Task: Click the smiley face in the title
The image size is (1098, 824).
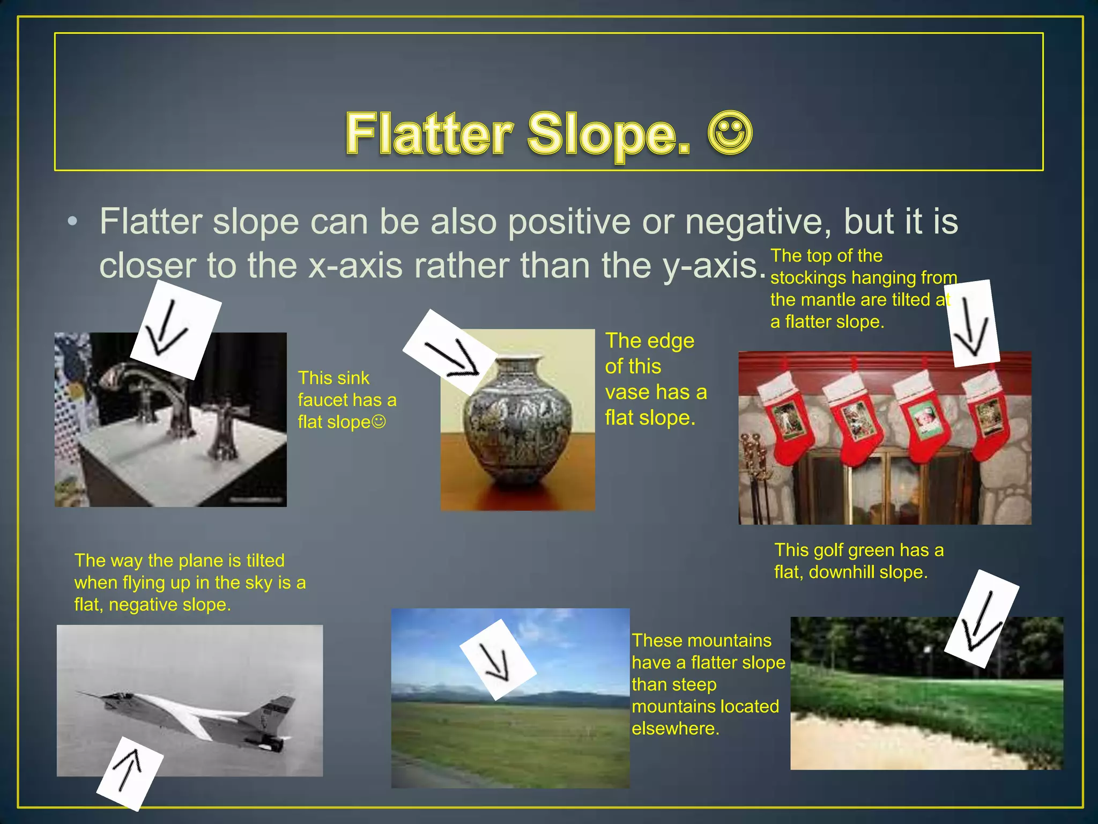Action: pos(730,133)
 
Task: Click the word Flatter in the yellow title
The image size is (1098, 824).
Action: pos(429,134)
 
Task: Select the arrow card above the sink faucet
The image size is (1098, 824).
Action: pos(175,330)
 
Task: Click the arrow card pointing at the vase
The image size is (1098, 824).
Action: pos(449,352)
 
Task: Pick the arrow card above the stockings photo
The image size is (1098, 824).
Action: pos(971,323)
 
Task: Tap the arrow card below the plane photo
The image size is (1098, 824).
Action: pos(130,773)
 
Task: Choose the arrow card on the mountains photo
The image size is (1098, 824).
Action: pos(498,659)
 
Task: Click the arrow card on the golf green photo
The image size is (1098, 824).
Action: pos(981,619)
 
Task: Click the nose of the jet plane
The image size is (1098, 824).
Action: pos(80,693)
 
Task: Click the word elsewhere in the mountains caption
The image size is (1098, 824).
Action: pos(675,729)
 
